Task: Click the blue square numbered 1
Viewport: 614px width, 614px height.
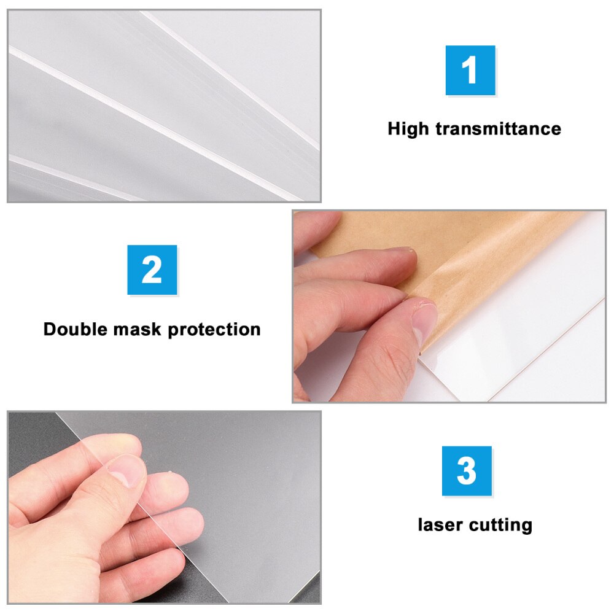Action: click(470, 70)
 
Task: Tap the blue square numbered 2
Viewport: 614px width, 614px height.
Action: click(152, 270)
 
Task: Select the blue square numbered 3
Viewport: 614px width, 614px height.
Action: click(467, 471)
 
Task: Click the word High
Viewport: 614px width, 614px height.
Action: click(409, 129)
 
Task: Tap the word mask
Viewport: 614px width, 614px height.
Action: click(141, 329)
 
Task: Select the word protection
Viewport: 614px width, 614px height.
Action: click(214, 329)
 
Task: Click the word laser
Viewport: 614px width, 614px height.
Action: click(440, 525)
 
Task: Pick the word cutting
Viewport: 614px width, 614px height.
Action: click(500, 526)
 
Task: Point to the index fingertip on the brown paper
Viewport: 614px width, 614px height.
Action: click(402, 254)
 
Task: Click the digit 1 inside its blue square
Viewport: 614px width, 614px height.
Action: click(470, 70)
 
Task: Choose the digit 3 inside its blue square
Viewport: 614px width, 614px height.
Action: click(467, 471)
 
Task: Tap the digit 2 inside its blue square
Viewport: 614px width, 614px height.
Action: click(152, 270)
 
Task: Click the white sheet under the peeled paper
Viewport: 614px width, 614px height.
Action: click(540, 344)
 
